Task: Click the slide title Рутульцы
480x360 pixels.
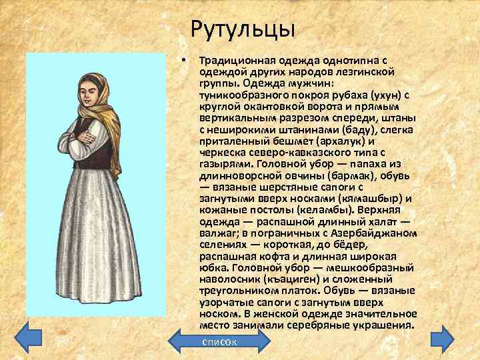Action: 242,29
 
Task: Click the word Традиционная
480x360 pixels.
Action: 237,60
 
